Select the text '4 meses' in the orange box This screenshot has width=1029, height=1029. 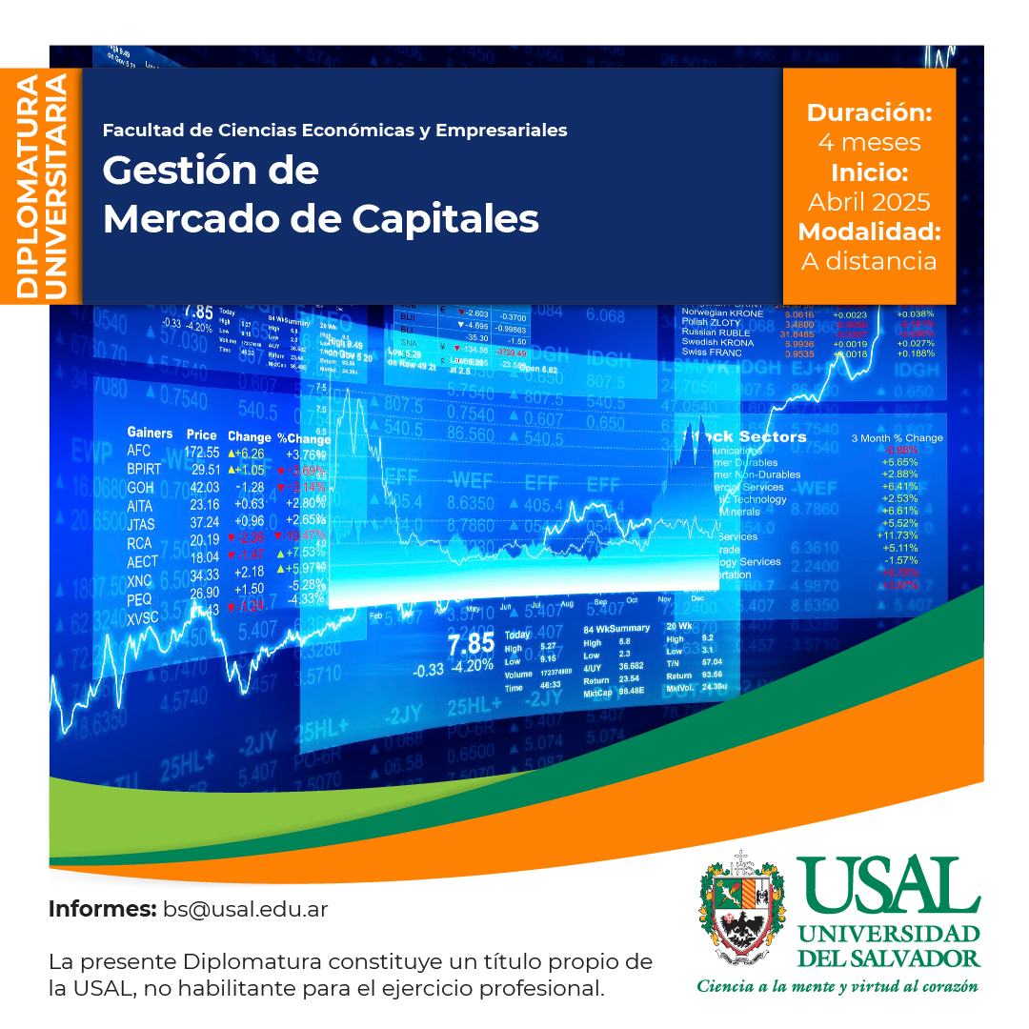click(x=869, y=143)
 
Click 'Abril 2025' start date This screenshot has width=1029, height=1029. click(x=869, y=202)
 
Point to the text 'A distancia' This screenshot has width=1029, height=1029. click(x=869, y=261)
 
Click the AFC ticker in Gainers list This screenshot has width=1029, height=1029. click(x=140, y=452)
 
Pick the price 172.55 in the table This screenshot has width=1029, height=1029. click(x=202, y=452)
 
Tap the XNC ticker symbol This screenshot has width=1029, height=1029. click(x=140, y=580)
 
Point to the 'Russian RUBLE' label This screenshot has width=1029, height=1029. click(x=716, y=333)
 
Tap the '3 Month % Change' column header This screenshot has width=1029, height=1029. click(x=897, y=438)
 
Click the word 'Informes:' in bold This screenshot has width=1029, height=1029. click(x=102, y=909)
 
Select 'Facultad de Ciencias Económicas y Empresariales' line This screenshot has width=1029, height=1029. click(x=334, y=130)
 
